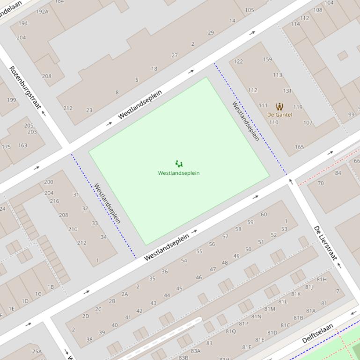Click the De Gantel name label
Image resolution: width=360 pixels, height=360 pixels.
(x=279, y=115)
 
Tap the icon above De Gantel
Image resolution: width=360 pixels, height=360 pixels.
(x=279, y=107)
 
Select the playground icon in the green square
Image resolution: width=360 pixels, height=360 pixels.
(x=179, y=164)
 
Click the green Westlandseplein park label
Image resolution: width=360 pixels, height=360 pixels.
(x=179, y=173)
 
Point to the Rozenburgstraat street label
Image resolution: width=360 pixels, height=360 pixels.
(x=25, y=88)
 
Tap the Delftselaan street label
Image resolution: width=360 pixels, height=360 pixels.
(x=318, y=333)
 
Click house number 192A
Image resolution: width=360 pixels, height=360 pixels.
(x=42, y=12)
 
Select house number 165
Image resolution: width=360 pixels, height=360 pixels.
(x=299, y=147)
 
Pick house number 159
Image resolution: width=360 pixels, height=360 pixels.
(x=267, y=59)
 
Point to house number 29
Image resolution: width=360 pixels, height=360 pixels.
(x=211, y=33)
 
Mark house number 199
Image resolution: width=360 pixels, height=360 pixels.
(x=11, y=100)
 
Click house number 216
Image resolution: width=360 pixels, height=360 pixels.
(x=55, y=201)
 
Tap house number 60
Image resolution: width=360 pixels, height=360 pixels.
(x=264, y=215)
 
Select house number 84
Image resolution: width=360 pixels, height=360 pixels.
(x=338, y=173)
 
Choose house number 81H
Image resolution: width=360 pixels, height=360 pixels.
(x=322, y=280)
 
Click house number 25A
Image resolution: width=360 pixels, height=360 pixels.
(x=37, y=351)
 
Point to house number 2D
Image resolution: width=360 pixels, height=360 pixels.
(x=86, y=316)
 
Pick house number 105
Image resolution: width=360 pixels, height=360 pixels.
(x=250, y=10)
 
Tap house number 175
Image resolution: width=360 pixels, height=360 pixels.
(x=6, y=147)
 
